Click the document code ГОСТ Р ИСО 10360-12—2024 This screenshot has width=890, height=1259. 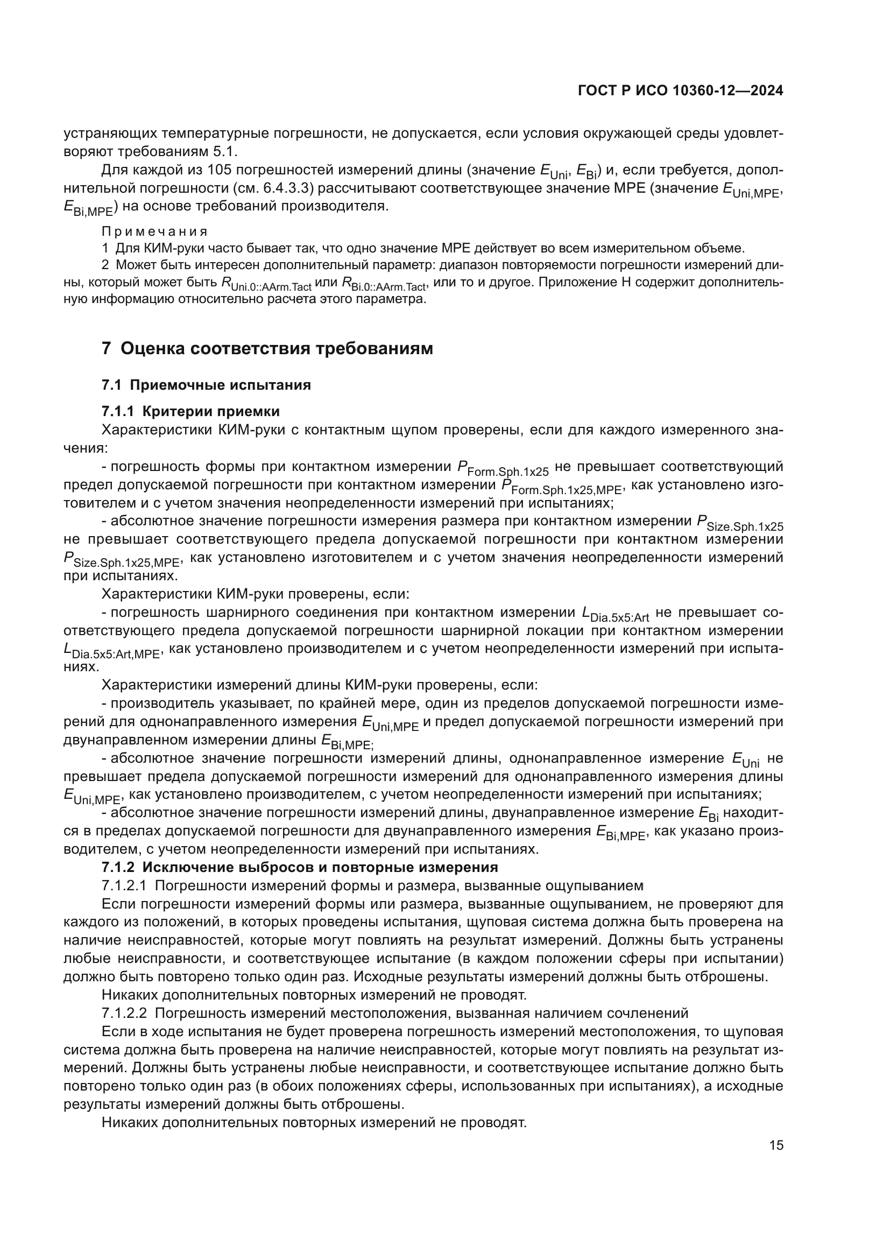click(680, 91)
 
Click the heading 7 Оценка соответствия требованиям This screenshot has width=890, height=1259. click(267, 349)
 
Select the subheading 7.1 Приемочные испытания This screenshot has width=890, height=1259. click(207, 385)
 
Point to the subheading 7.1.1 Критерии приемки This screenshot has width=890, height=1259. click(190, 411)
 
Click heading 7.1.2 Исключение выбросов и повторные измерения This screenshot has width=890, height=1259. click(300, 868)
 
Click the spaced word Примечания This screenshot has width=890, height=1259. click(155, 231)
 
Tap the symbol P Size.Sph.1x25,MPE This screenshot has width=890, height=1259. click(122, 560)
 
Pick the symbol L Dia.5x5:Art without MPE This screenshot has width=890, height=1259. click(615, 615)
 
